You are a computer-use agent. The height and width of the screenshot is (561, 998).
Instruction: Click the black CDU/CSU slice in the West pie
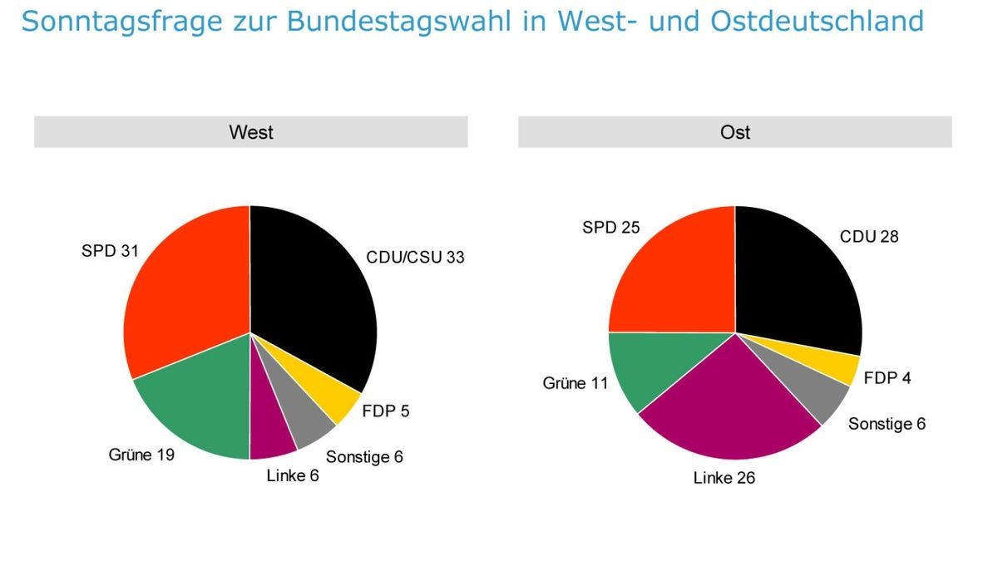tap(312, 299)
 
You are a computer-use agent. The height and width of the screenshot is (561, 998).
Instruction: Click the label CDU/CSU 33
tap(415, 257)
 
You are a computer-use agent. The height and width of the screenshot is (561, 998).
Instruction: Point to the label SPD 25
tap(612, 226)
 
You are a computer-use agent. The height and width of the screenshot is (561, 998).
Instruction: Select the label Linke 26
tap(724, 478)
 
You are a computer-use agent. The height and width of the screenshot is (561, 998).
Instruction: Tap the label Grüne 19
tap(141, 455)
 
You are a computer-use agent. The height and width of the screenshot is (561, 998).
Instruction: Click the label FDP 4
tap(887, 378)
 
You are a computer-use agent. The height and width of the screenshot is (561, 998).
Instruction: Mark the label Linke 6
tap(293, 475)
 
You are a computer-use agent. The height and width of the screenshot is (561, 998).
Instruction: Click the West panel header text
tap(251, 132)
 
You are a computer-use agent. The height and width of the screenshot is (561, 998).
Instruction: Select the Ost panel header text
tap(735, 132)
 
